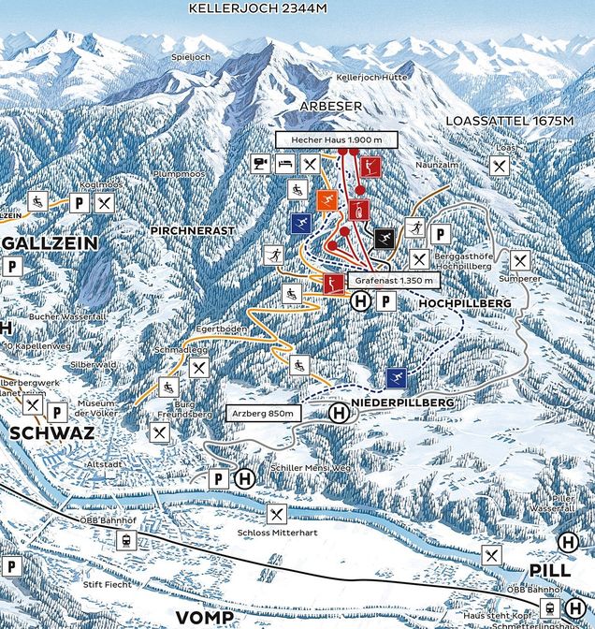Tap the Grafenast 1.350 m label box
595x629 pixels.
393,280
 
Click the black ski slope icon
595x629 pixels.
384,239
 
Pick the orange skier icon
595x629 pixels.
327,199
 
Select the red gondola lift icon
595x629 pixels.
359,209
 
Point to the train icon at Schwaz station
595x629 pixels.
125,540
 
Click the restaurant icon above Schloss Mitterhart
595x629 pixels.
276,513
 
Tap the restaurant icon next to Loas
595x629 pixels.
501,166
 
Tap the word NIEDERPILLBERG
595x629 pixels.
403,402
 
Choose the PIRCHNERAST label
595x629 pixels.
182,228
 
